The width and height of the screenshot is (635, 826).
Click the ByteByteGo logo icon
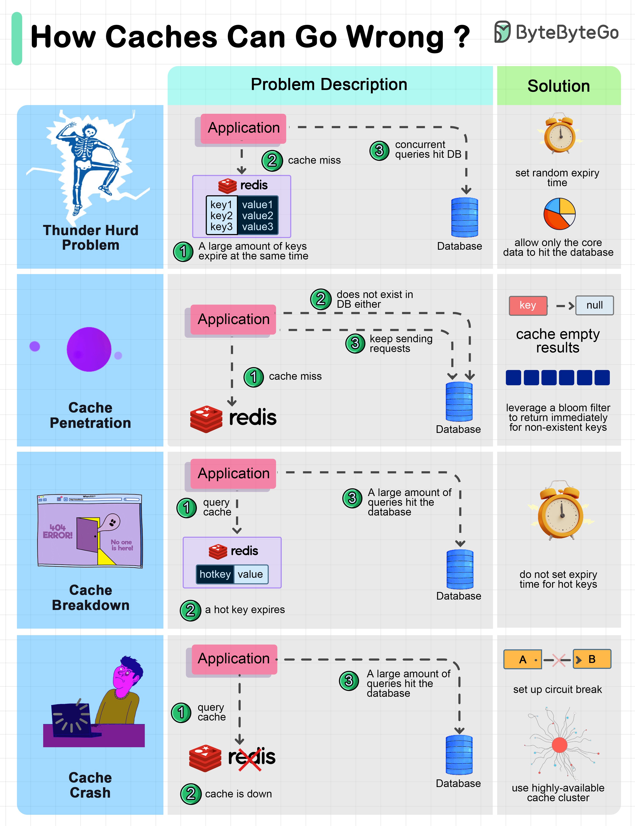pyautogui.click(x=503, y=32)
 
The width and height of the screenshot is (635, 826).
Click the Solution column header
pyautogui.click(x=558, y=86)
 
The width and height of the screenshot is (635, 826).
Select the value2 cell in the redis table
pyautogui.click(x=257, y=216)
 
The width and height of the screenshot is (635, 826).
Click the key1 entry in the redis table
pyautogui.click(x=221, y=205)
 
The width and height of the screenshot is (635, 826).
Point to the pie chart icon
pyautogui.click(x=559, y=214)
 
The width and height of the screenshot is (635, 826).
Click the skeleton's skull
pyautogui.click(x=90, y=132)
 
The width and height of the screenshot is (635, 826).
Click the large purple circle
pyautogui.click(x=89, y=349)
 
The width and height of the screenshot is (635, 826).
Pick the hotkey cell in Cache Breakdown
pyautogui.click(x=215, y=574)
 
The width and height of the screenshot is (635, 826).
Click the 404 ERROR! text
pyautogui.click(x=57, y=531)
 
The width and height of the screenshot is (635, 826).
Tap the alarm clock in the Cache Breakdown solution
pyautogui.click(x=561, y=511)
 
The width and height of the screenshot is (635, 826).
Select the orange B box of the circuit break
pyautogui.click(x=592, y=659)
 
